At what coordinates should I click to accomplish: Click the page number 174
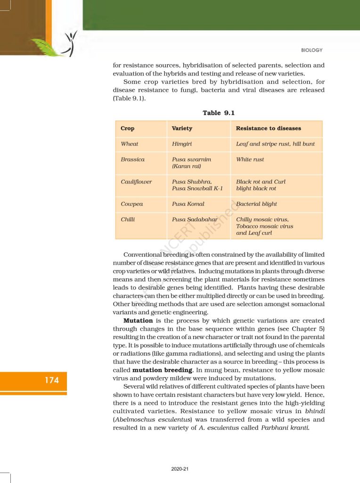point(52,380)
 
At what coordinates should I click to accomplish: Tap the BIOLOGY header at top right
point(312,50)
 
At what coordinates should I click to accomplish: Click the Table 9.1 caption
point(219,113)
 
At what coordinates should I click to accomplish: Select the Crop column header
point(127,128)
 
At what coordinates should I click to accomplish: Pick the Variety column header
point(182,128)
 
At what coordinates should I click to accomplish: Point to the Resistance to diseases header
point(268,128)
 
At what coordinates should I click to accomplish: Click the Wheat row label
point(130,144)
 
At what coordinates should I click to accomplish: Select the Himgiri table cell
point(182,144)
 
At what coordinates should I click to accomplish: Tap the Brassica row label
point(132,159)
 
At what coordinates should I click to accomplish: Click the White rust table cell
point(250,159)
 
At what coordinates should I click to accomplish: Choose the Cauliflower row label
point(136,182)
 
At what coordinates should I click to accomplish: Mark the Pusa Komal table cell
point(188,204)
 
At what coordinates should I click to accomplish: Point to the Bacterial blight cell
point(256,204)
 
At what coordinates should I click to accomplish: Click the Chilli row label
point(128,220)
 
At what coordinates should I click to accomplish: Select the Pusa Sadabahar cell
point(194,220)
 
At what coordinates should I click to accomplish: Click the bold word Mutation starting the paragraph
point(138,320)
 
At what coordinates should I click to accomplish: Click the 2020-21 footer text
point(180,469)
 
